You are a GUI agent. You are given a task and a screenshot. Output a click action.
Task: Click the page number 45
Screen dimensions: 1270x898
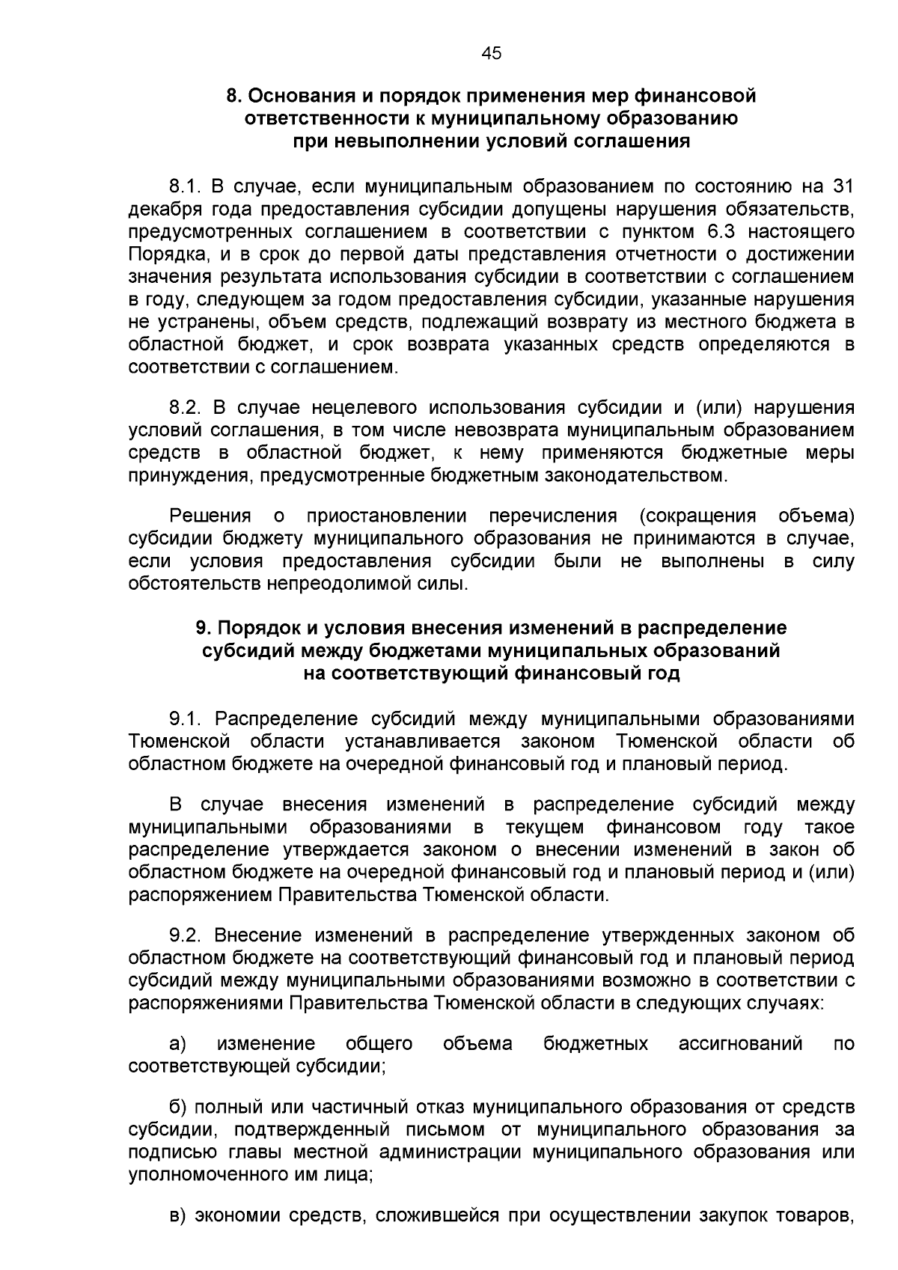(491, 53)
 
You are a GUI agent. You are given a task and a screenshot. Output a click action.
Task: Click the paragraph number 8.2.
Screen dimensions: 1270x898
(185, 408)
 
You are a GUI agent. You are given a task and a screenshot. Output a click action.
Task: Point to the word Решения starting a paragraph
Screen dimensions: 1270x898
(210, 516)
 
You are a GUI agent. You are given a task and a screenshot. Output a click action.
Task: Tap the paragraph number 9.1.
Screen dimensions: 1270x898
(185, 719)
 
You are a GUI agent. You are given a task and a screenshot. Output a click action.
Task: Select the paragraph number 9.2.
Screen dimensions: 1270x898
(185, 935)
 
